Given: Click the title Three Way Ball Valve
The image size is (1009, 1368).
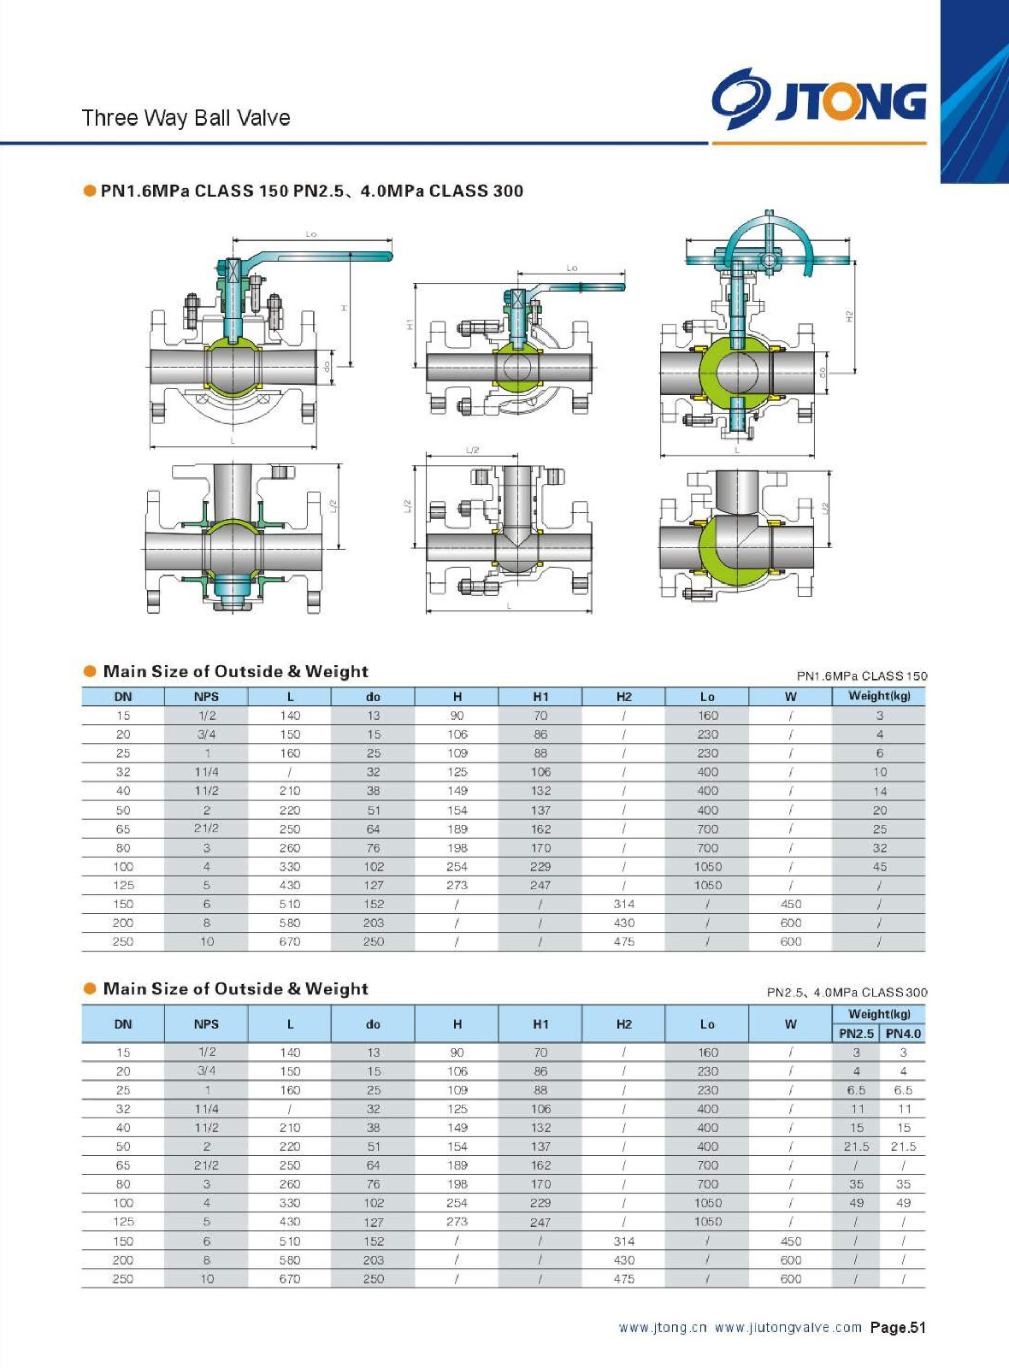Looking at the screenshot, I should click(186, 118).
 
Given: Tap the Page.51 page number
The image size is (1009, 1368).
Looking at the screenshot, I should click(898, 1328).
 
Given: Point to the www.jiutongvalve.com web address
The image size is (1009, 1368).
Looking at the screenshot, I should click(788, 1328).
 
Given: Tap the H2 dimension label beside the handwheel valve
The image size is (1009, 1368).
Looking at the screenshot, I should click(849, 316).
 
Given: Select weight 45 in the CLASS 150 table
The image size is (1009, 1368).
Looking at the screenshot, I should click(879, 867).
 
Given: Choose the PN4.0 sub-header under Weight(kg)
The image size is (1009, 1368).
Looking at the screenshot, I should click(903, 1034).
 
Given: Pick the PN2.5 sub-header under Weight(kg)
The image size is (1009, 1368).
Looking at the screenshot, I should click(856, 1034).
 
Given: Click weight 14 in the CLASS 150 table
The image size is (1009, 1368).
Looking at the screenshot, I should click(879, 792).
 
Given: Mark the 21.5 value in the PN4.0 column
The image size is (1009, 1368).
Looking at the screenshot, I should click(903, 1147).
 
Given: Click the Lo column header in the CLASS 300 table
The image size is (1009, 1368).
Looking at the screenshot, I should click(707, 1024).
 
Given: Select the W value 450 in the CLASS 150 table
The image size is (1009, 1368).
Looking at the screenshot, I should click(791, 905).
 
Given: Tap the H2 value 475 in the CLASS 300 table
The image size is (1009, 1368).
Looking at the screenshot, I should click(624, 1279).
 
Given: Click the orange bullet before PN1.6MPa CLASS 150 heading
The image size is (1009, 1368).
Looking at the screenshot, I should click(90, 191).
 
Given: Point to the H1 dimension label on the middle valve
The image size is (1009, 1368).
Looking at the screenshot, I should click(410, 325).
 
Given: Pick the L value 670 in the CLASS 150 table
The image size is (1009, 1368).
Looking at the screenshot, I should click(290, 942).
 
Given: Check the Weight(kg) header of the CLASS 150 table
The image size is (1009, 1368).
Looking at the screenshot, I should click(879, 696).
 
